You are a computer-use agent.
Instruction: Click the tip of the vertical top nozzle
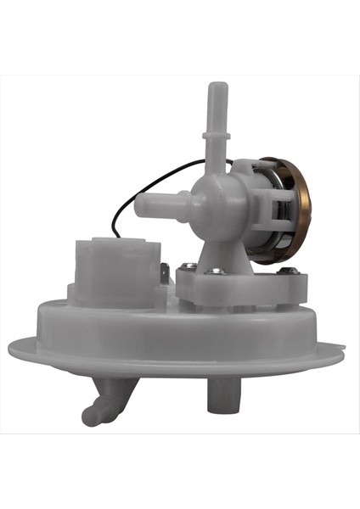pos(218,87)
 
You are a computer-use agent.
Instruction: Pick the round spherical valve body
pos(217,200)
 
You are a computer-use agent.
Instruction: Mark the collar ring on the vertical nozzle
pos(218,133)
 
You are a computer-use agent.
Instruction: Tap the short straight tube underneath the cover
pos(221,393)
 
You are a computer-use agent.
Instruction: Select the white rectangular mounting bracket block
pos(238,288)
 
